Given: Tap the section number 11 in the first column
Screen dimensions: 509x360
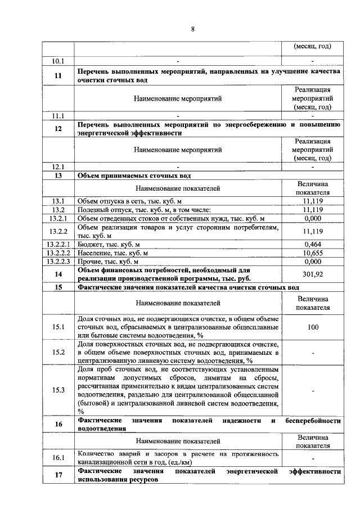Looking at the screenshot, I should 58,76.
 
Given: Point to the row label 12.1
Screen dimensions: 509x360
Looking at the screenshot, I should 58,166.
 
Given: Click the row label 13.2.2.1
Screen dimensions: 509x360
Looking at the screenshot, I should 58,244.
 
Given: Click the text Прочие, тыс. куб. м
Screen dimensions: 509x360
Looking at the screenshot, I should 107,262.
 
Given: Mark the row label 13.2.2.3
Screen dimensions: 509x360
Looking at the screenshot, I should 58,262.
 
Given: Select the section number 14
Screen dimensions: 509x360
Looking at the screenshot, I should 58,274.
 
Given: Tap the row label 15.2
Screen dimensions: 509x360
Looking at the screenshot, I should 58,353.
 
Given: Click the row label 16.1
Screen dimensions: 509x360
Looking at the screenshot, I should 58,458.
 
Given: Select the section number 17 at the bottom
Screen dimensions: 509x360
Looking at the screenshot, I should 58,476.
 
